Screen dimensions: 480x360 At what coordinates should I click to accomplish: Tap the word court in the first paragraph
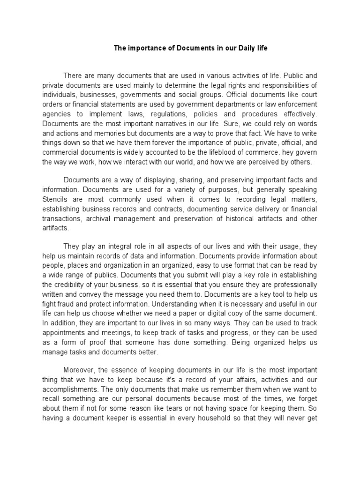click(x=307, y=94)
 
